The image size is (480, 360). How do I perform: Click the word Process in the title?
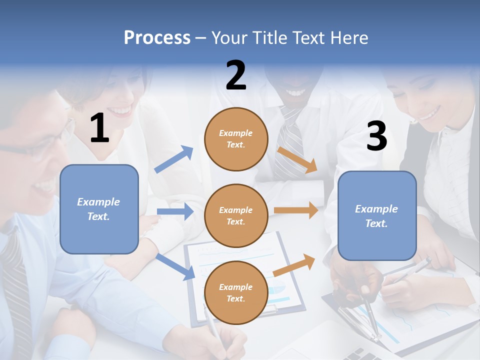(157, 38)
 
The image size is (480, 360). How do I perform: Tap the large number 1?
(99, 128)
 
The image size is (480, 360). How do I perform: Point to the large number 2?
(236, 75)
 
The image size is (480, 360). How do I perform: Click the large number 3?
(377, 136)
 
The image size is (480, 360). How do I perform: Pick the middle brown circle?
(236, 216)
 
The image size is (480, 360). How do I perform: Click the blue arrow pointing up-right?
(174, 159)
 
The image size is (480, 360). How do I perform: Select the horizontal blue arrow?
(175, 211)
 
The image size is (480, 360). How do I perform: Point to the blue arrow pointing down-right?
(176, 266)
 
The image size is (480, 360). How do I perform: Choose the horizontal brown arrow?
(296, 210)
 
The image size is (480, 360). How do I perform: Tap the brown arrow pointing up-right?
(294, 265)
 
